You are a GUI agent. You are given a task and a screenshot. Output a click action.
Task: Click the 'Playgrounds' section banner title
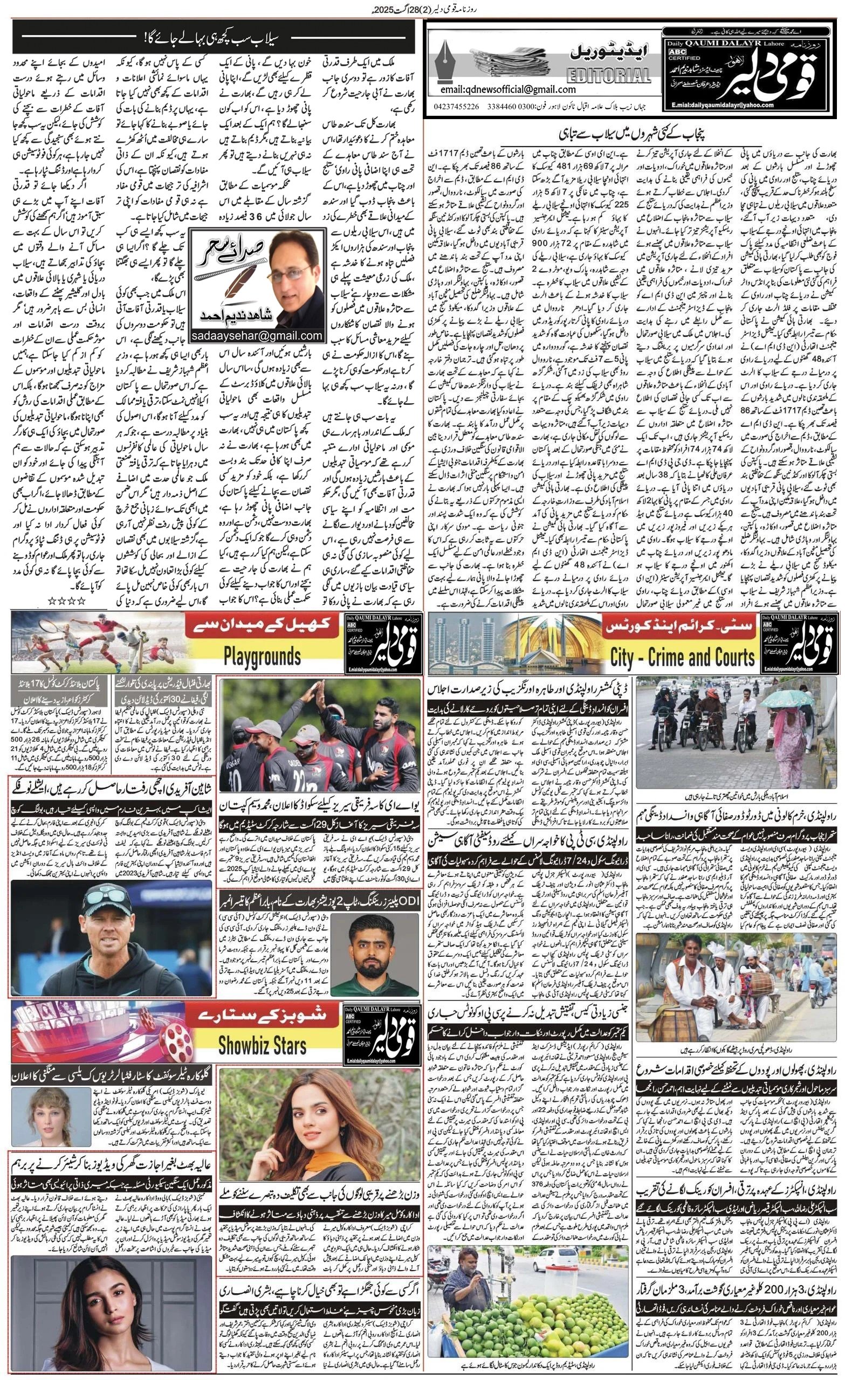click(262, 655)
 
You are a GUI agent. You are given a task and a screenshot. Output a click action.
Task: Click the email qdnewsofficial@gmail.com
click(508, 89)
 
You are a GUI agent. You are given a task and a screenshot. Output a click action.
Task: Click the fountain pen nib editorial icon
click(446, 56)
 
